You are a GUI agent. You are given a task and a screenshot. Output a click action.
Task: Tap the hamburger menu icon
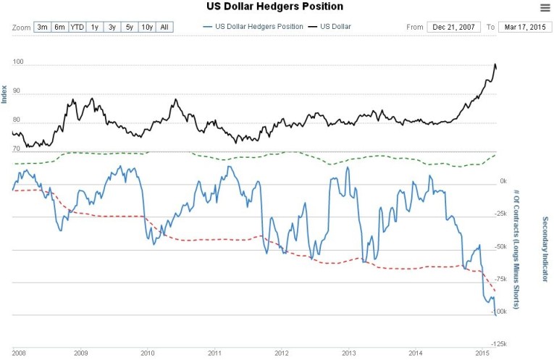[545, 7]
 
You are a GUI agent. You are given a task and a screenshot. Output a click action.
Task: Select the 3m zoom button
[42, 27]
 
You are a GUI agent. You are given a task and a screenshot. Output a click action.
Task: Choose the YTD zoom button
[77, 27]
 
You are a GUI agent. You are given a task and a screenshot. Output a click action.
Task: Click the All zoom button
[164, 27]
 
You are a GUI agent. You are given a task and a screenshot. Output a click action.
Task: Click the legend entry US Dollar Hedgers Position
[254, 27]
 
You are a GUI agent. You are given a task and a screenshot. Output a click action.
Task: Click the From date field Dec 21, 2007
[453, 27]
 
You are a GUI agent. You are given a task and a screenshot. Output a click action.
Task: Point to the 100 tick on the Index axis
[18, 62]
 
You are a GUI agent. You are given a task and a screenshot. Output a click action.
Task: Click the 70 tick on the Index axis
[16, 148]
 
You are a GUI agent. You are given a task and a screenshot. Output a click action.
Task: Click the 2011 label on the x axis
[214, 353]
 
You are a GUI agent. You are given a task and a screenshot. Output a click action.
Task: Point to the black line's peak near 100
[495, 64]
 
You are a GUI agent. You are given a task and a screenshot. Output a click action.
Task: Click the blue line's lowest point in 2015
[495, 315]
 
